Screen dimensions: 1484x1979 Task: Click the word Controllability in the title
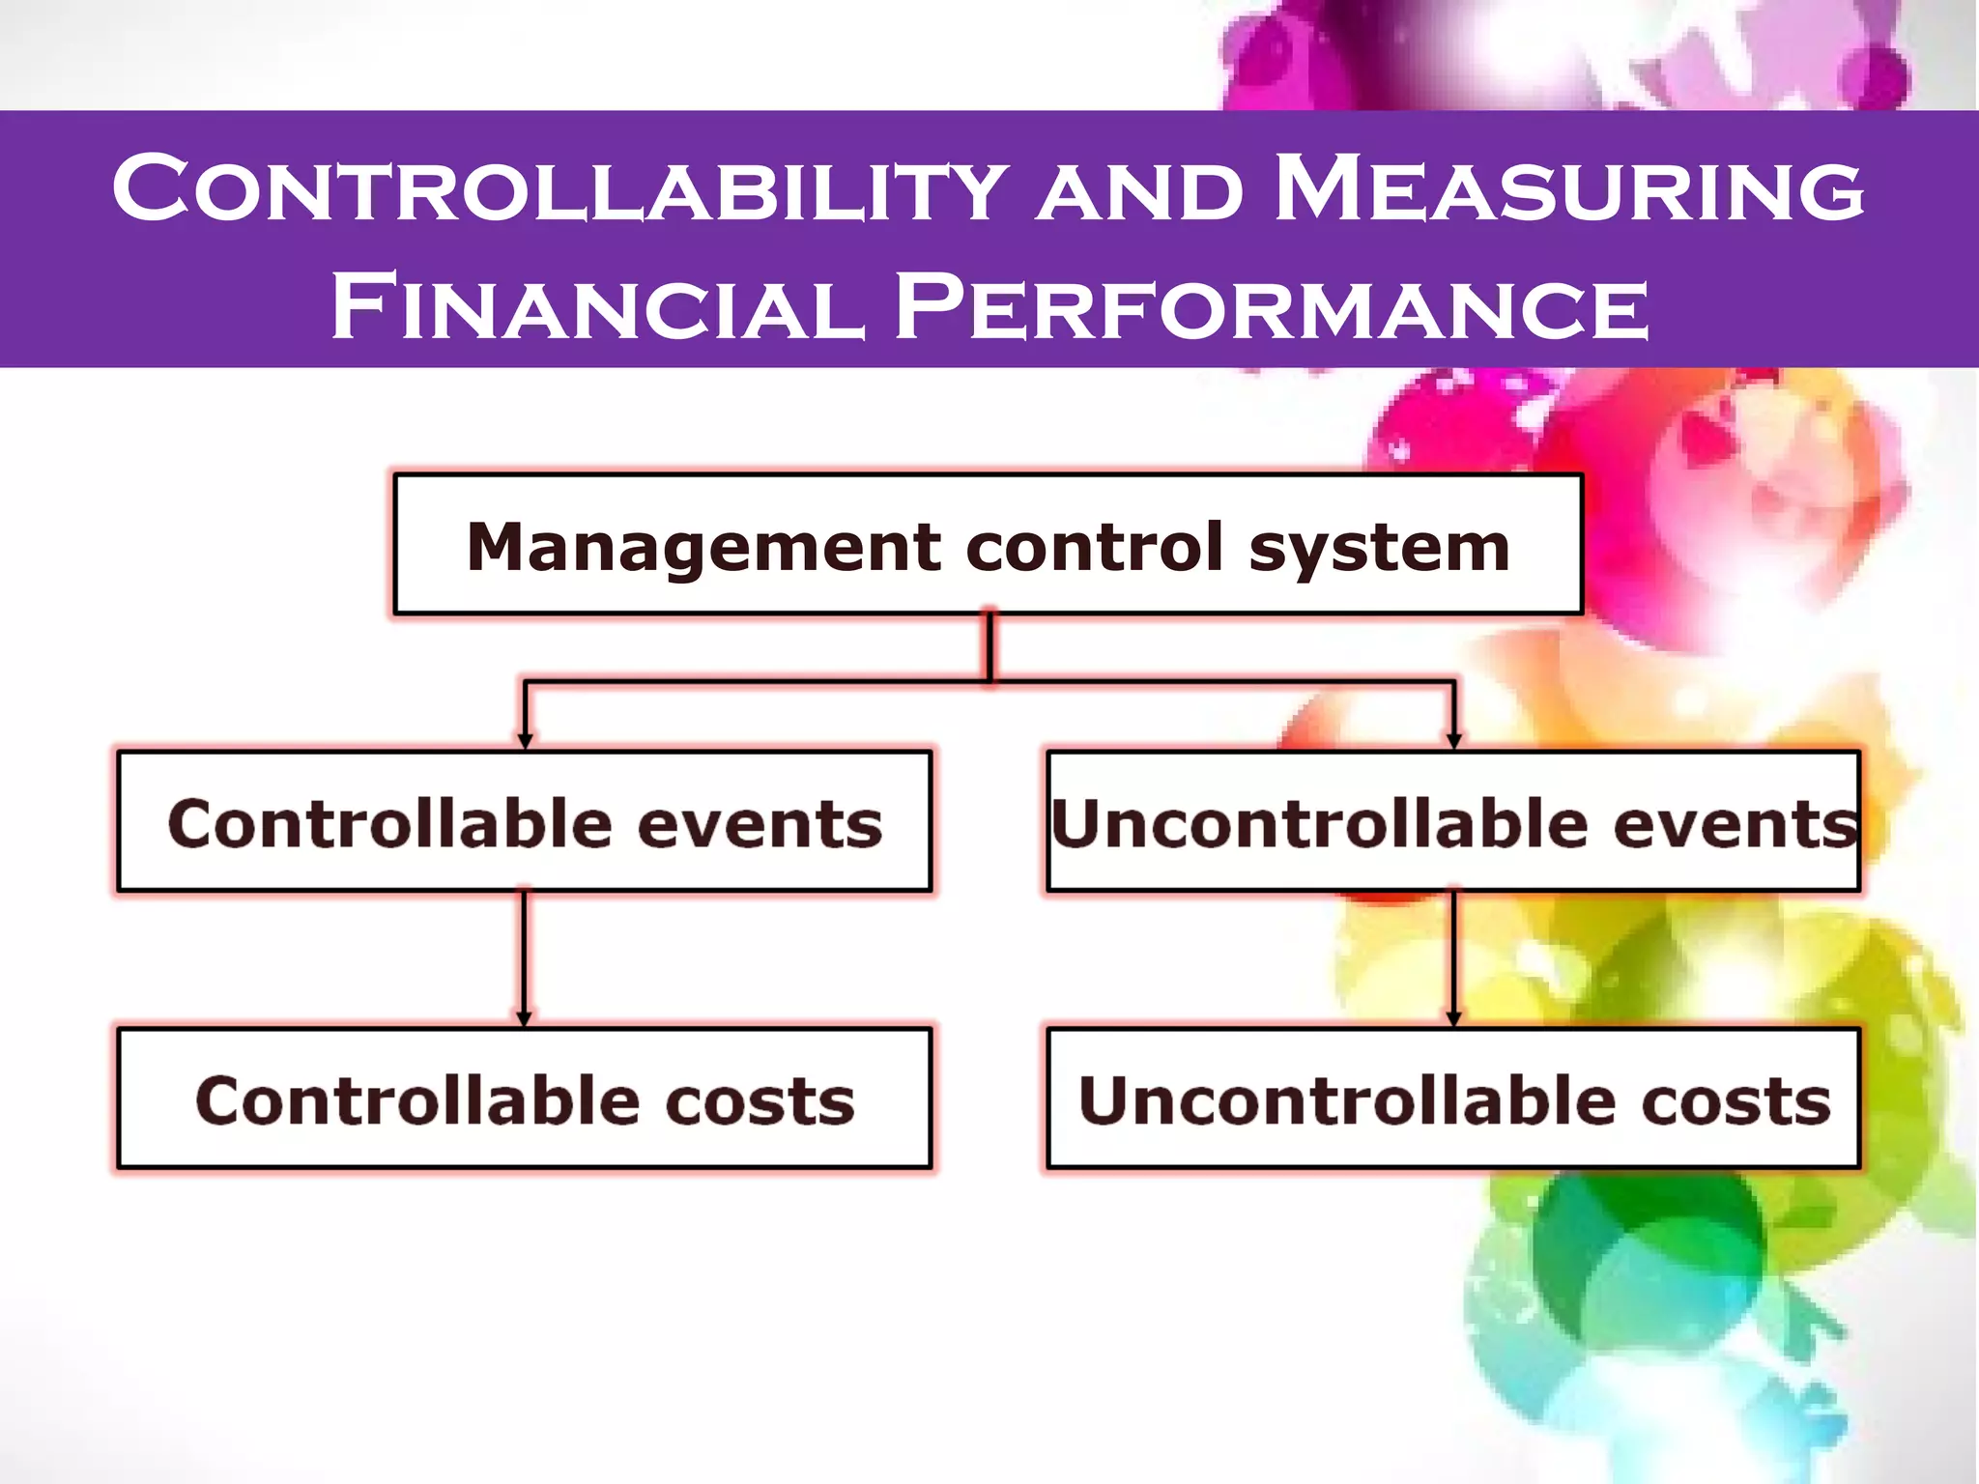[560, 188]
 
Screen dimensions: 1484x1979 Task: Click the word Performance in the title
[1271, 307]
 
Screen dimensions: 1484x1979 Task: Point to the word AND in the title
[1140, 191]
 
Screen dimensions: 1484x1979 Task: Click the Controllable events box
[525, 821]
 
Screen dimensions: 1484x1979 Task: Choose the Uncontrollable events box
[1453, 821]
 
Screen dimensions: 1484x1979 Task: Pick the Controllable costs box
[525, 1099]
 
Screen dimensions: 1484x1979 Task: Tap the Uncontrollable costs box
[1453, 1099]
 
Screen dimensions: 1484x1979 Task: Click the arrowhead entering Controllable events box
[525, 741]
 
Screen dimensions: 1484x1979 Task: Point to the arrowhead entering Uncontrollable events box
[1453, 741]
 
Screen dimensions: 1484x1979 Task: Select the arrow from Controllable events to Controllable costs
[525, 956]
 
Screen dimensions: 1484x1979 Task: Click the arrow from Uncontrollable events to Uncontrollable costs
[1453, 956]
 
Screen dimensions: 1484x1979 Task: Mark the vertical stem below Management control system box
[989, 647]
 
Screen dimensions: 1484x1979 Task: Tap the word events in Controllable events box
[760, 824]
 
